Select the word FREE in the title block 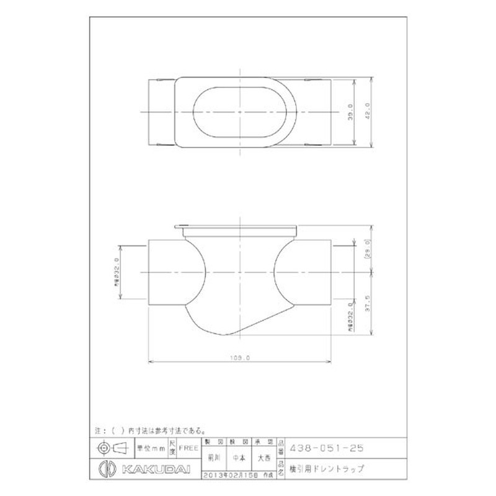point(188,446)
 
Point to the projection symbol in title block point(112,446)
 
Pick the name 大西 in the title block point(263,459)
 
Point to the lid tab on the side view point(181,228)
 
